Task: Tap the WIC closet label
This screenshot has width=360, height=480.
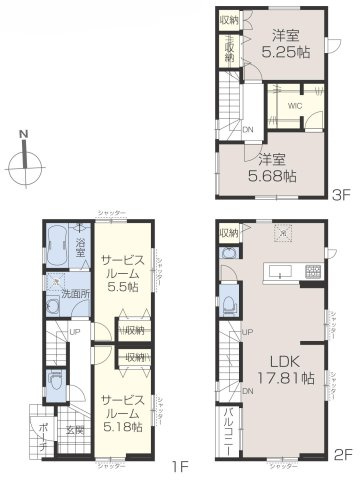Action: (296, 104)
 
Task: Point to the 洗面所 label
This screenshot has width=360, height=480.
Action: (74, 296)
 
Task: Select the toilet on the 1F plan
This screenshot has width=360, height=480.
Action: (53, 383)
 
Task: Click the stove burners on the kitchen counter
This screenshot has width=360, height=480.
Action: (312, 270)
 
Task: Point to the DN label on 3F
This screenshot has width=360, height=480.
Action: (249, 129)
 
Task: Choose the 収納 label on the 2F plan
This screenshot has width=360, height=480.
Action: (227, 233)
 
